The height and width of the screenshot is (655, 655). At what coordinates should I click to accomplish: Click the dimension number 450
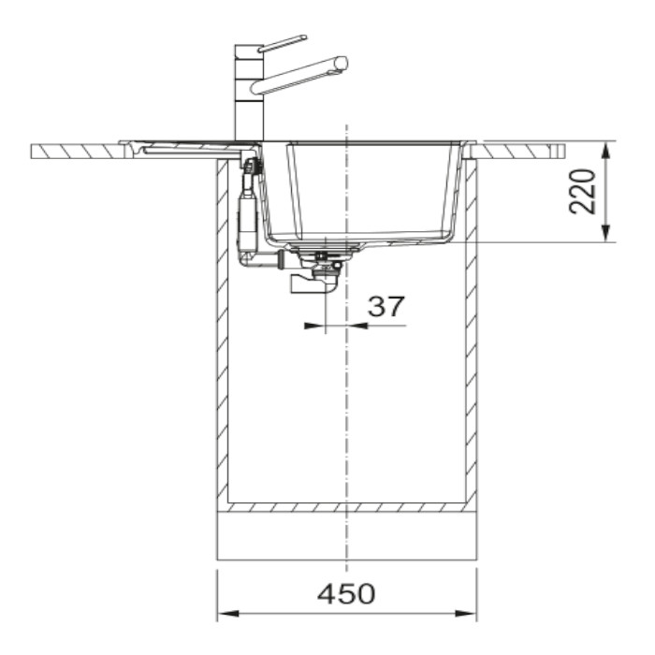point(346,593)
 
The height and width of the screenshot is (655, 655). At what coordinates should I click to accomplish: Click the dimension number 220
point(583,191)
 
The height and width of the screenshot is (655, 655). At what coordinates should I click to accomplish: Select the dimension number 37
point(386,306)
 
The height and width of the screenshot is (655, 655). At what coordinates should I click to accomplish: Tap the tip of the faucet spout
point(342,63)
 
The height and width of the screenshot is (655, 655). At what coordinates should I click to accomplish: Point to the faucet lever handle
point(283,43)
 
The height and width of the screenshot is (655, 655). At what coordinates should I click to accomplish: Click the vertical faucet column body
point(250,93)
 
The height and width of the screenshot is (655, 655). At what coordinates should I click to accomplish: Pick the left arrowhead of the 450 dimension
point(228,613)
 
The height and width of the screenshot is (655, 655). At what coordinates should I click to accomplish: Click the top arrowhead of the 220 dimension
point(606,152)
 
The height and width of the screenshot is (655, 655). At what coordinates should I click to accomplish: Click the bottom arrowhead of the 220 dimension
point(606,232)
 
